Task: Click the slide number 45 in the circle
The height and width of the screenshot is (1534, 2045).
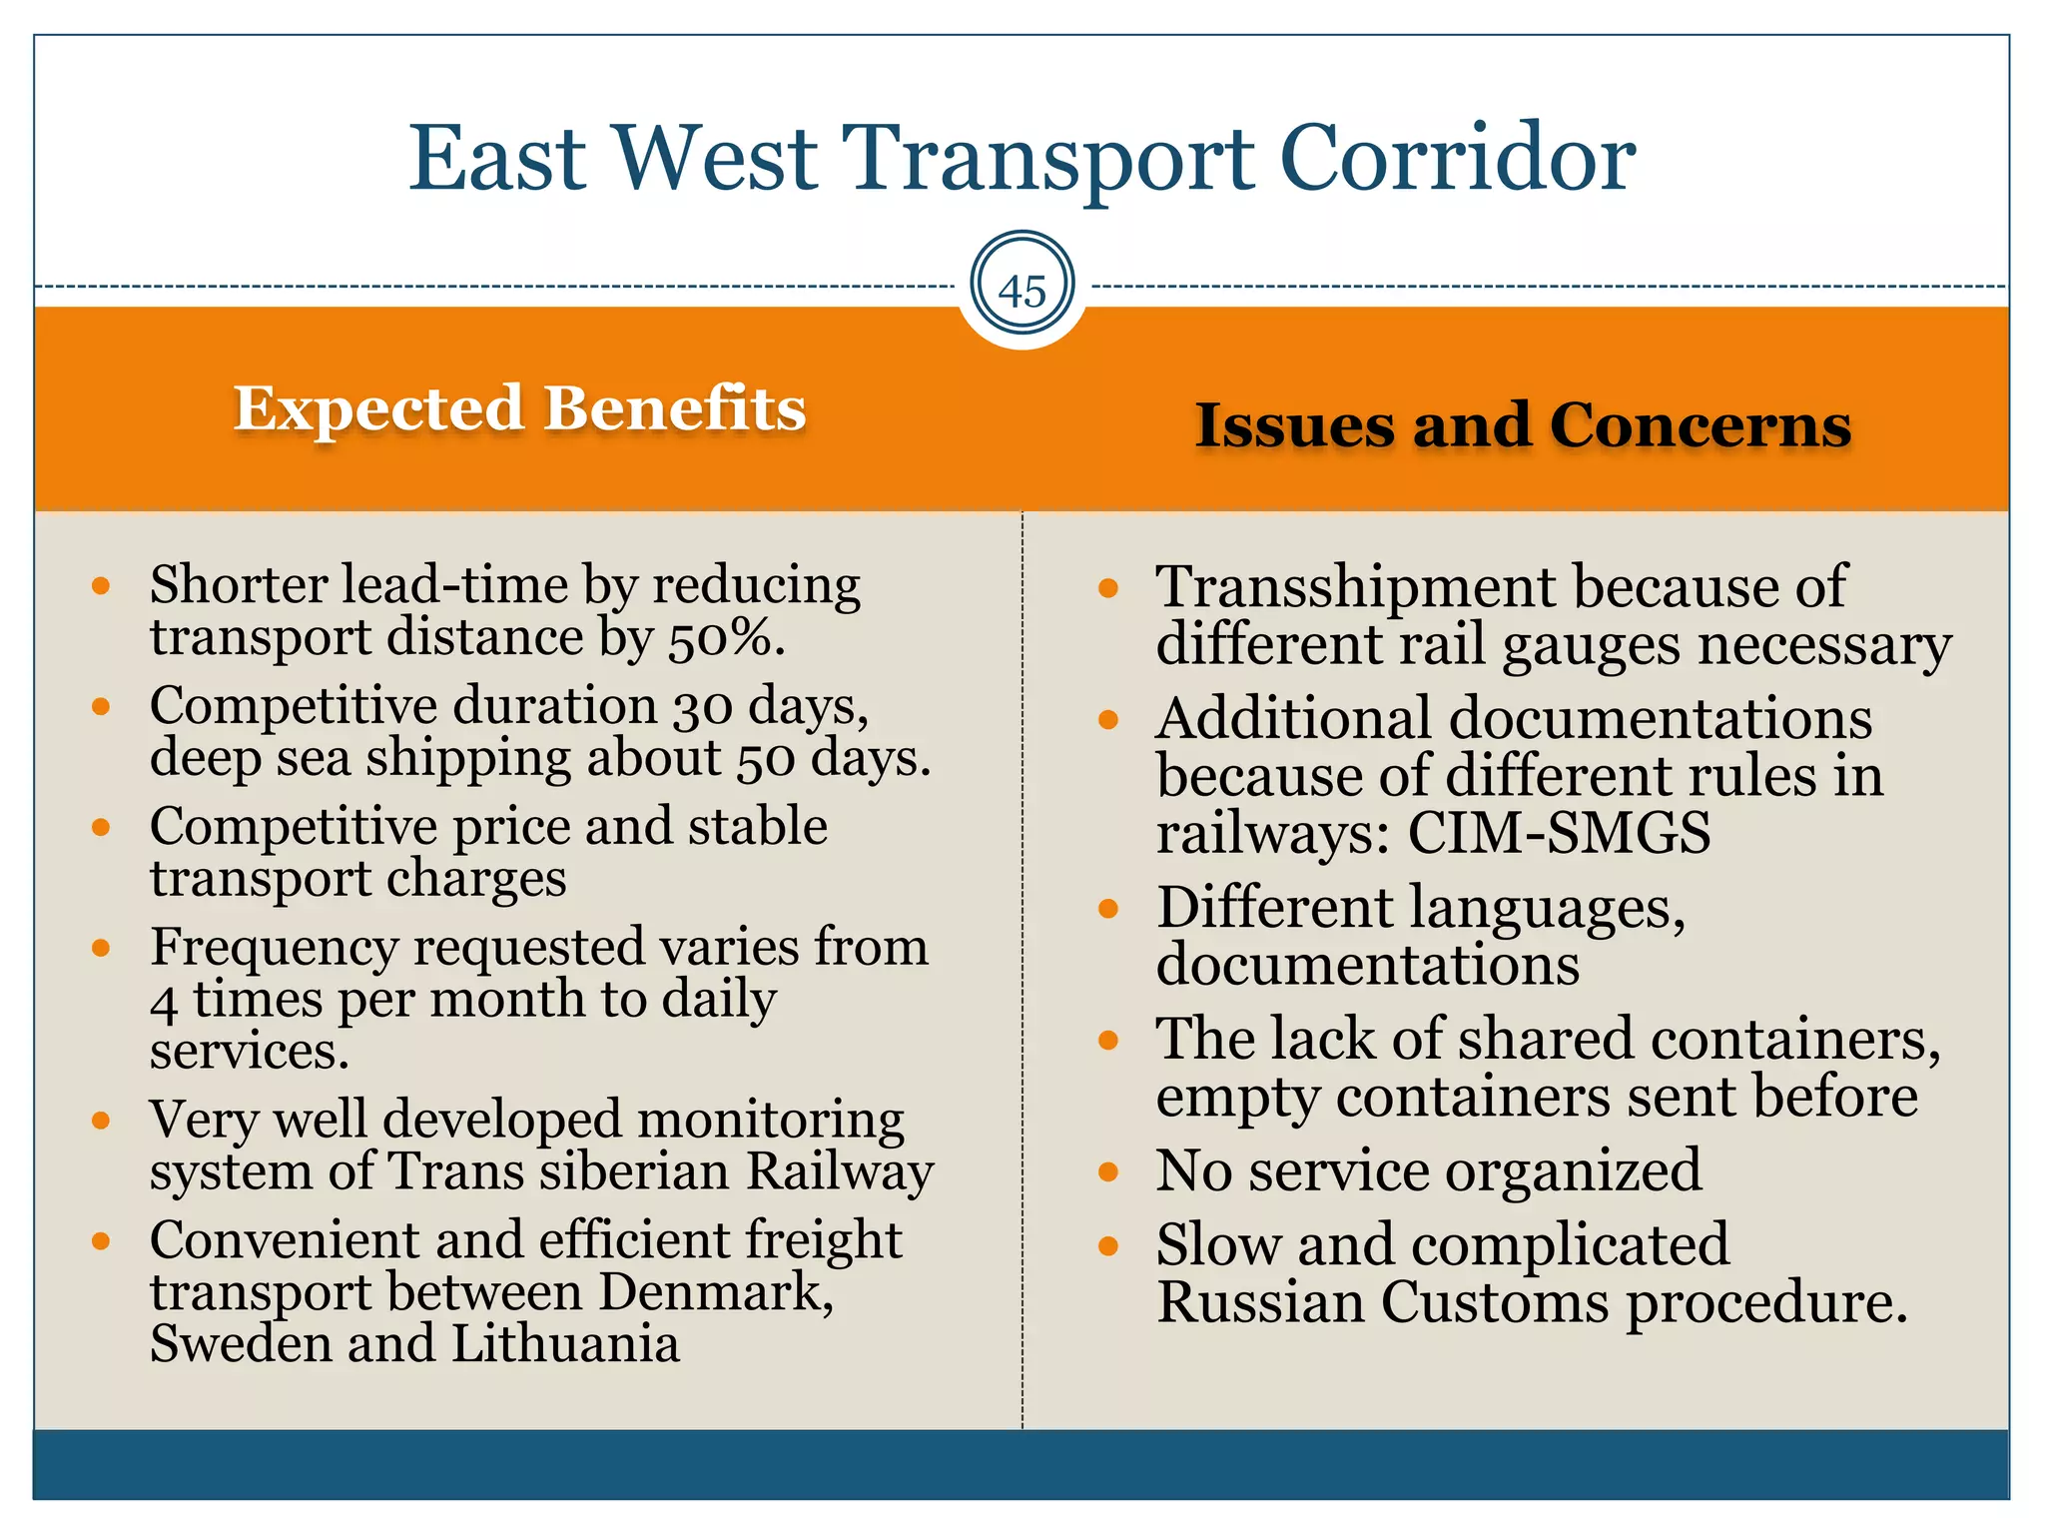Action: (x=1022, y=292)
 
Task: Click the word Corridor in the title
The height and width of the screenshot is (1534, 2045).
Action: (x=1457, y=159)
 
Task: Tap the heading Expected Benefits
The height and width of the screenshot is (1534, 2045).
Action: (x=519, y=408)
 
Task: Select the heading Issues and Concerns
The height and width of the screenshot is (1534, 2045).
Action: (x=1523, y=425)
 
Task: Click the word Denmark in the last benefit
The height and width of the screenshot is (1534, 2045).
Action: (x=715, y=1292)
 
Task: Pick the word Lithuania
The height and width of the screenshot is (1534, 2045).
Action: (x=565, y=1344)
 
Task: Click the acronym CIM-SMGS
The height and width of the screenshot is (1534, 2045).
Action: (x=1559, y=833)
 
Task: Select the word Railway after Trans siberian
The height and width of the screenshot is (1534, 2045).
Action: (x=840, y=1171)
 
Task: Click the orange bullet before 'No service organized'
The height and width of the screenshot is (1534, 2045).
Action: (x=1107, y=1171)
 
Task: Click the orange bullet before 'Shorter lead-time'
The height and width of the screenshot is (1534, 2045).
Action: (x=101, y=586)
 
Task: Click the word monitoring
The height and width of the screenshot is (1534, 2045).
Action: (x=771, y=1120)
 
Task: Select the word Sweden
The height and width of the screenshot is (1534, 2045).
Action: (x=240, y=1344)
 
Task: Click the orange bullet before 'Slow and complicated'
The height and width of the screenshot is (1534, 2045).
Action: (x=1107, y=1245)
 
